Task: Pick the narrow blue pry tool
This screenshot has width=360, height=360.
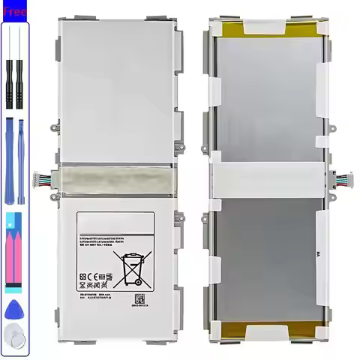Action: point(22,160)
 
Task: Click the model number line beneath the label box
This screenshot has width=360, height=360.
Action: point(98,295)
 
